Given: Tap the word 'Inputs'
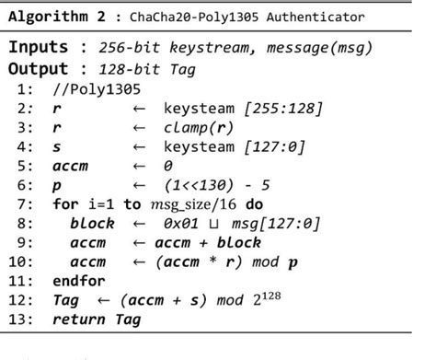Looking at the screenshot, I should (x=43, y=47).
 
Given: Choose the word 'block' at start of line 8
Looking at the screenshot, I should (x=92, y=224).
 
